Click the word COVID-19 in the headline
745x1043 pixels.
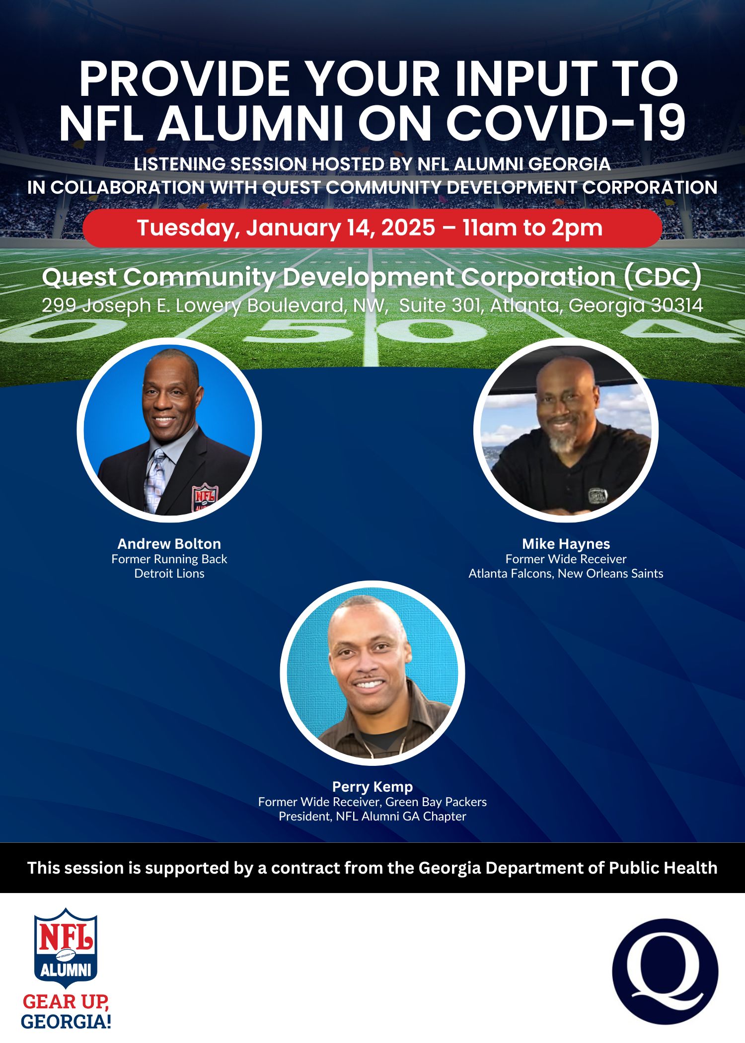(566, 123)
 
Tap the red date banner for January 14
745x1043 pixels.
(372, 228)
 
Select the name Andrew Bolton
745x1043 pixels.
(169, 543)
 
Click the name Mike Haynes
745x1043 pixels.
(566, 543)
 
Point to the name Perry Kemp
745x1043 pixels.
(372, 787)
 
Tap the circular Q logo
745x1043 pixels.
(665, 971)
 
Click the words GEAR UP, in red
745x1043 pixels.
(66, 1001)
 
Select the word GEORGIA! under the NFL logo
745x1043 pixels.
(66, 1021)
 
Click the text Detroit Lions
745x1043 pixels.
(169, 573)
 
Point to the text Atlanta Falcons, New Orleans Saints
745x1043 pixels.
(566, 573)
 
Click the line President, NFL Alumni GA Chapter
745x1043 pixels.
(372, 816)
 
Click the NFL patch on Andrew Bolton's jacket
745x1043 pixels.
(205, 497)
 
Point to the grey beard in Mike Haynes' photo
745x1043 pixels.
(563, 442)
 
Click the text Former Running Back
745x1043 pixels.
(169, 559)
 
